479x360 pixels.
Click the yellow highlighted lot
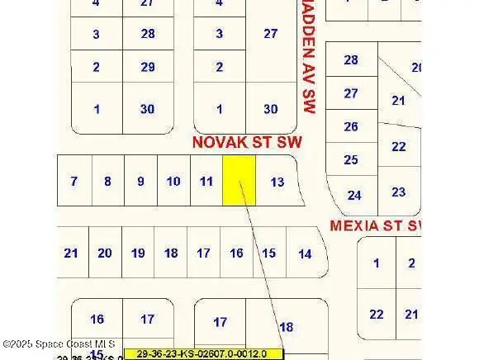[x=239, y=181]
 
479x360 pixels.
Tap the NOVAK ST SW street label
[x=247, y=142]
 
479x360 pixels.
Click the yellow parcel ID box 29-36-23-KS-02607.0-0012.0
[x=203, y=353]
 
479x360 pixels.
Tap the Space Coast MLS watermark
[x=59, y=343]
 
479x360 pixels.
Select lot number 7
[x=74, y=181]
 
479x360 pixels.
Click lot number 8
[x=107, y=181]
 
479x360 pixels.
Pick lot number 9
[x=140, y=181]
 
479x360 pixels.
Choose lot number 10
[x=173, y=181]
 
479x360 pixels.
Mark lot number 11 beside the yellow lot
[x=206, y=181]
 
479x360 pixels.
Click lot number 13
[x=277, y=182]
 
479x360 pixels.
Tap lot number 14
[x=305, y=253]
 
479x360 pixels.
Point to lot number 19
[x=138, y=253]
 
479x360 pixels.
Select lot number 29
[x=148, y=67]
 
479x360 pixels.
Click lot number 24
[x=354, y=196]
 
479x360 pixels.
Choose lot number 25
[x=351, y=159]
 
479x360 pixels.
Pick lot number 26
[x=351, y=126]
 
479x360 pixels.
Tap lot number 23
[x=399, y=192]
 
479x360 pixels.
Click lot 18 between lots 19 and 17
[x=171, y=253]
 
